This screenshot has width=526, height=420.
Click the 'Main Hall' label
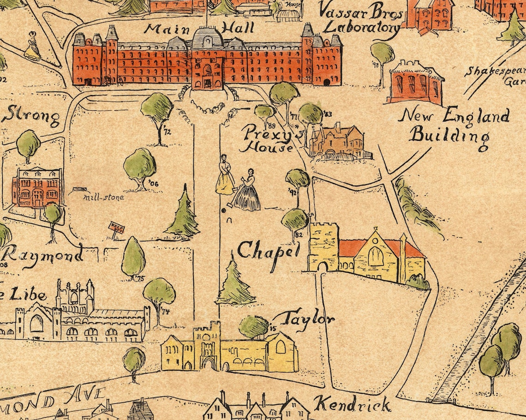coord(199,29)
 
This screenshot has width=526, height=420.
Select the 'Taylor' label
coord(307,318)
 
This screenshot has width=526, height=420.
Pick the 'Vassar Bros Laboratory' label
coord(361,18)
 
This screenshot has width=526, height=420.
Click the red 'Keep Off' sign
coord(115,228)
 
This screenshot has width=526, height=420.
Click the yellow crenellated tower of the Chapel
coord(323,247)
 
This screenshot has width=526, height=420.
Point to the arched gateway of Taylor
coord(208,362)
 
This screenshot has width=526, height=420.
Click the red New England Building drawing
coord(415,83)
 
